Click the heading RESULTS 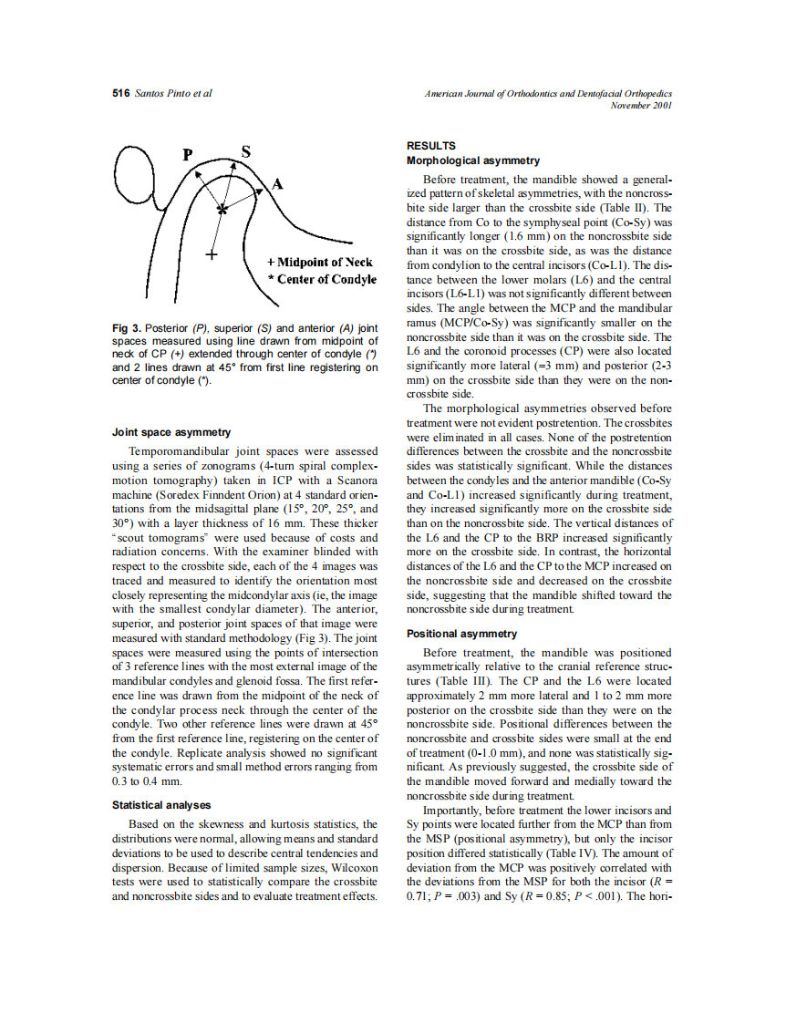[x=431, y=145]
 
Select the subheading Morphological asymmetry [x=472, y=160]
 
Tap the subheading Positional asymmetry [x=461, y=634]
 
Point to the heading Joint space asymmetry [x=171, y=432]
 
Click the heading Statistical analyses [x=161, y=805]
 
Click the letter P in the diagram [x=189, y=154]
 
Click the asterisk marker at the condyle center [x=222, y=211]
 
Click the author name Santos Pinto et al [x=173, y=95]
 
